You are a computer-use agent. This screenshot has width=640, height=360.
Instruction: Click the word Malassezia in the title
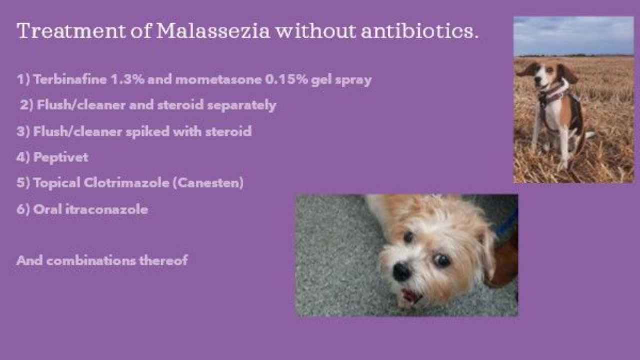pos(213,31)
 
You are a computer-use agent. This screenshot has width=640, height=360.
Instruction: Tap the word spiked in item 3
pos(149,132)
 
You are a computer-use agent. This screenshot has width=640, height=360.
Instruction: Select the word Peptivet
pos(61,157)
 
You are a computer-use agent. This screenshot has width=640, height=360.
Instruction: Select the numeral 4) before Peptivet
pos(23,157)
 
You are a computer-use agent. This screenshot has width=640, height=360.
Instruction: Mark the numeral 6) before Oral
pos(23,209)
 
